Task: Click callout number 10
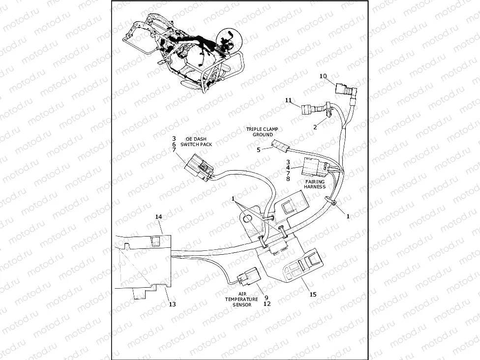pos(323,76)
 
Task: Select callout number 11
pos(289,100)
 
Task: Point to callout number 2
pos(315,126)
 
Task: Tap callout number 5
pos(258,150)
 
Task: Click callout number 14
pos(158,217)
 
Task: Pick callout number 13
pos(172,304)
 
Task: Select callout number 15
pos(313,295)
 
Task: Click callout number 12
pos(267,303)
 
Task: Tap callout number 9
pos(267,297)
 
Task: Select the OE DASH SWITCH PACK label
pos(196,142)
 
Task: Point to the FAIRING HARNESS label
pos(315,184)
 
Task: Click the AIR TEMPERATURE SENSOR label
pos(241,299)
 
